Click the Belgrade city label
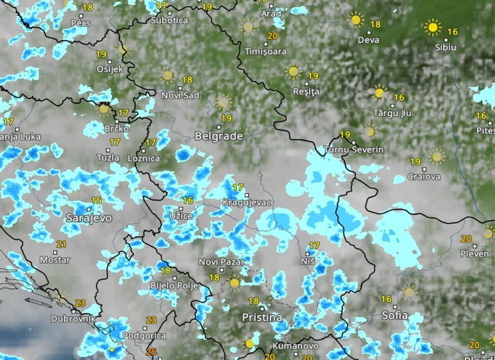point(219,135)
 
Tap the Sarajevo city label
point(88,218)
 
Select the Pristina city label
point(262,317)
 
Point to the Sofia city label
point(394,315)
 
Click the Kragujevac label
point(247,203)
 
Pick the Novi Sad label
point(180,95)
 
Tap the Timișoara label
point(266,51)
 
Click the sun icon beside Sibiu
point(432,27)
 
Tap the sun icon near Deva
point(356,20)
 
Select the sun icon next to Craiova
point(437,156)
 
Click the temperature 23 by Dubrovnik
point(80,303)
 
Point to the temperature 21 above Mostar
point(61,244)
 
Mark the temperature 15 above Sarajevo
point(96,200)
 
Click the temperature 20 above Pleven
point(466,238)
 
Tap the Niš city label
point(308,260)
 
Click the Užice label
point(181,216)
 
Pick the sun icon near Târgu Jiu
point(378,93)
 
